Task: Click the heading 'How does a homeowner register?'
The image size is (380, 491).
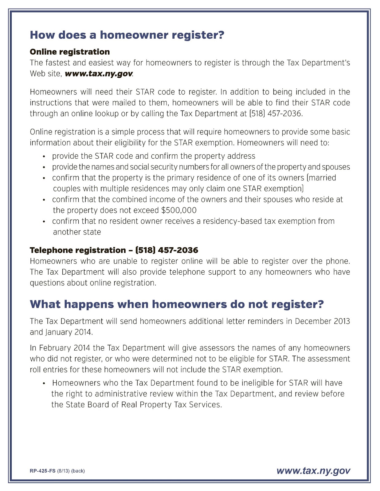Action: coord(127,35)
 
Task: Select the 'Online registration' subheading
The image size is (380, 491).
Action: coord(70,52)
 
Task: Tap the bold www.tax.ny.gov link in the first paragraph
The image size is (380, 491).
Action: coord(99,74)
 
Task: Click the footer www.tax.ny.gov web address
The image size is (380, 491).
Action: coord(313,471)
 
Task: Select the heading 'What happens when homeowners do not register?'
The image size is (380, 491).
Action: coord(177,304)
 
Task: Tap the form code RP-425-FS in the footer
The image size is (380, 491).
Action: coord(43,471)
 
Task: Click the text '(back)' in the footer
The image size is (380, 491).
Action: coord(78,471)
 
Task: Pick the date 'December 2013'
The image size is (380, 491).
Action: coord(322,321)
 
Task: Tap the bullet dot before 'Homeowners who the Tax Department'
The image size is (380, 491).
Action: coord(44,383)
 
